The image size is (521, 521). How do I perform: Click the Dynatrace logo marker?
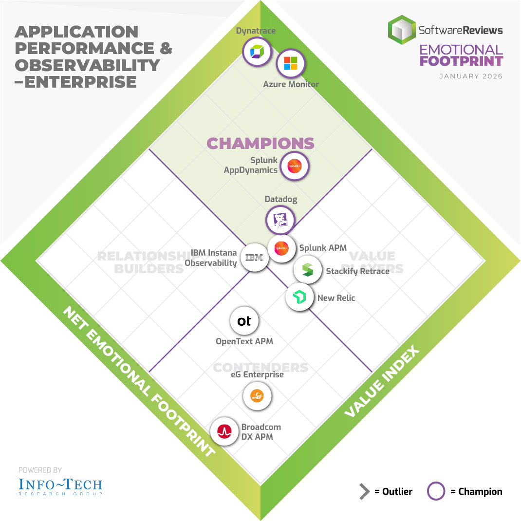click(x=257, y=51)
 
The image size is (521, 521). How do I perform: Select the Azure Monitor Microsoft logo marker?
click(x=290, y=63)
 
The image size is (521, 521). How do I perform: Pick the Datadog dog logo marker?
click(x=280, y=220)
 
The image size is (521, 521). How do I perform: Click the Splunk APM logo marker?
click(x=282, y=248)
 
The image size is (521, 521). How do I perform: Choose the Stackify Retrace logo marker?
click(x=307, y=270)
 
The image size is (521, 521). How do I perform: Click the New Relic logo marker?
click(x=299, y=297)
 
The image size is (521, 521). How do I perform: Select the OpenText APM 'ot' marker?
click(x=244, y=321)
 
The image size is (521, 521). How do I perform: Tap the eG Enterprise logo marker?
click(x=257, y=396)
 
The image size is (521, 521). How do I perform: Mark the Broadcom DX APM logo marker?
click(x=224, y=431)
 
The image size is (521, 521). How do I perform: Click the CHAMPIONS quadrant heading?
click(x=260, y=143)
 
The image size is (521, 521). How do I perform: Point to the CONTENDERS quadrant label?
click(x=260, y=367)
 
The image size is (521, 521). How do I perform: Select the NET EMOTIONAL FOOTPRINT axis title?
click(x=138, y=382)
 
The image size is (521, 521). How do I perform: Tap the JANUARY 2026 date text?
click(x=471, y=76)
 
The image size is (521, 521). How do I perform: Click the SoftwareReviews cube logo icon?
click(x=401, y=30)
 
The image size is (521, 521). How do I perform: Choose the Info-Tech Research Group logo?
click(x=60, y=486)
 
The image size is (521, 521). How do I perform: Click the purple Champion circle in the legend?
click(x=436, y=491)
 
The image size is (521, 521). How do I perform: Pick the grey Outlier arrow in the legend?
click(x=364, y=492)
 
